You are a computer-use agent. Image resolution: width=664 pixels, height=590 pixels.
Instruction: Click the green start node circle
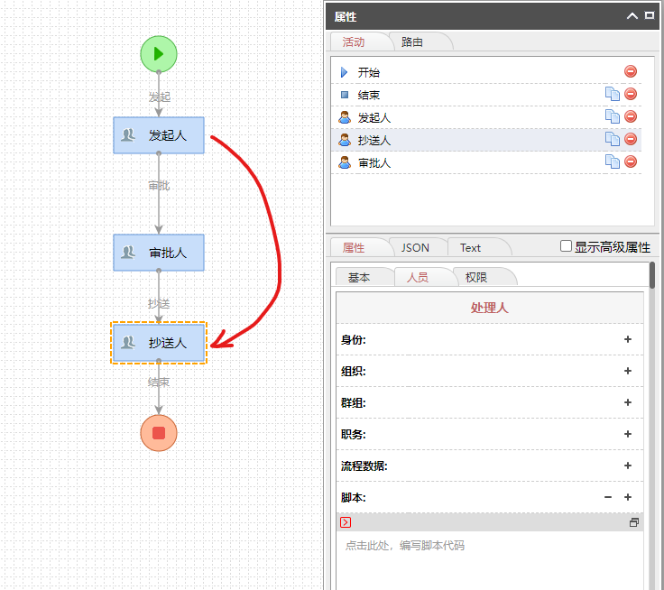pyautogui.click(x=159, y=53)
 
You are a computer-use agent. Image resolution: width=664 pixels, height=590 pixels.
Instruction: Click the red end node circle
pyautogui.click(x=159, y=433)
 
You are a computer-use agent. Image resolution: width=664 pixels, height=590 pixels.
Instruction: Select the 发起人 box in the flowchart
pyautogui.click(x=159, y=135)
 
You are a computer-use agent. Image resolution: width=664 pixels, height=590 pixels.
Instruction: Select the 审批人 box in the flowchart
pyautogui.click(x=159, y=253)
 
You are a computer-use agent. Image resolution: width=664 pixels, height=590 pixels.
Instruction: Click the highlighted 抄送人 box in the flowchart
pyautogui.click(x=159, y=343)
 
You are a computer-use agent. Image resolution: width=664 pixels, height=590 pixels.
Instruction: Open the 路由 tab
pyautogui.click(x=412, y=41)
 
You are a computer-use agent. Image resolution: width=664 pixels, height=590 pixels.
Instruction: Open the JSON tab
pyautogui.click(x=415, y=247)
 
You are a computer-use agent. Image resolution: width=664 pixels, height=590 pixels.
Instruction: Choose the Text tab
pyautogui.click(x=470, y=247)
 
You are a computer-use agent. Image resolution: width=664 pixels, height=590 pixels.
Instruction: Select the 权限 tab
pyautogui.click(x=476, y=277)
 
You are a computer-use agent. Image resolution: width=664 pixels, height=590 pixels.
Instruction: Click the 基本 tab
pyautogui.click(x=359, y=277)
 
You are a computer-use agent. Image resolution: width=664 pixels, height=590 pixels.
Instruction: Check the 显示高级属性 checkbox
pyautogui.click(x=567, y=246)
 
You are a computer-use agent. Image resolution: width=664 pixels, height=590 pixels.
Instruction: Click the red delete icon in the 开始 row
pyautogui.click(x=631, y=71)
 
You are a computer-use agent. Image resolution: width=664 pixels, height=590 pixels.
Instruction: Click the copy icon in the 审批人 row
pyautogui.click(x=612, y=162)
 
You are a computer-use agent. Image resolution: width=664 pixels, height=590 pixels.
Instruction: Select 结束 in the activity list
pyautogui.click(x=368, y=95)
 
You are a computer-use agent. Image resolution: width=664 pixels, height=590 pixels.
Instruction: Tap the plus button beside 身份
pyautogui.click(x=628, y=339)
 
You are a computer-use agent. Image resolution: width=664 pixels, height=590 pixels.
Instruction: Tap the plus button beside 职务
pyautogui.click(x=628, y=434)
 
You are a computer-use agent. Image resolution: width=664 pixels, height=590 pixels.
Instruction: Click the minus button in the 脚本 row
pyautogui.click(x=608, y=497)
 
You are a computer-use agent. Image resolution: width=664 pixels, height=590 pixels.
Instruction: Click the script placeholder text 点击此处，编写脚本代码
pyautogui.click(x=405, y=546)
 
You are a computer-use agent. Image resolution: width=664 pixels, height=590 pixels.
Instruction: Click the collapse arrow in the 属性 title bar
pyautogui.click(x=632, y=15)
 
